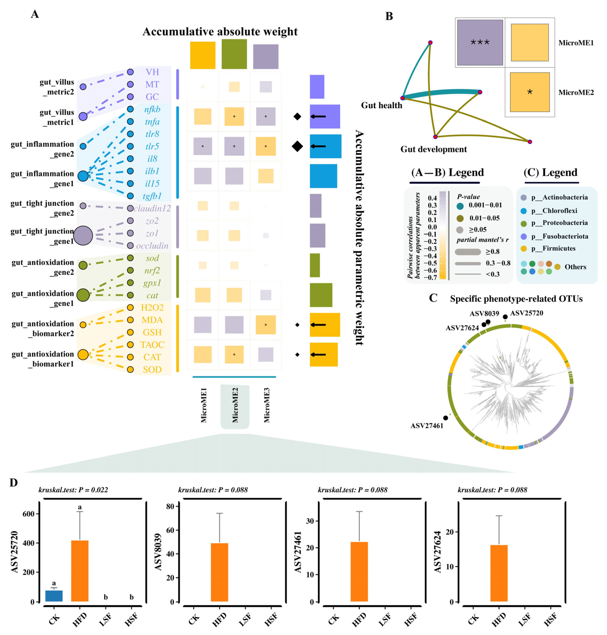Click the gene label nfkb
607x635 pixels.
[x=152, y=109]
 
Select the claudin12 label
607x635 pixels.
[x=152, y=208]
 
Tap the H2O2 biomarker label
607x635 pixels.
[x=152, y=307]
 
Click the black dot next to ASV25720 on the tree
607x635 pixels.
[x=505, y=317]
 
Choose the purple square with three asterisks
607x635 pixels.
[x=480, y=42]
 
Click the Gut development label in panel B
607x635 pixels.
[x=434, y=149]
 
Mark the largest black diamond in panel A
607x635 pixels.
[x=297, y=146]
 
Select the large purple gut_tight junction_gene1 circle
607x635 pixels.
[x=83, y=236]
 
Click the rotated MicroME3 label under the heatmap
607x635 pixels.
[x=266, y=405]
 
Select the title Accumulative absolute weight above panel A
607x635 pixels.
[x=220, y=32]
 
